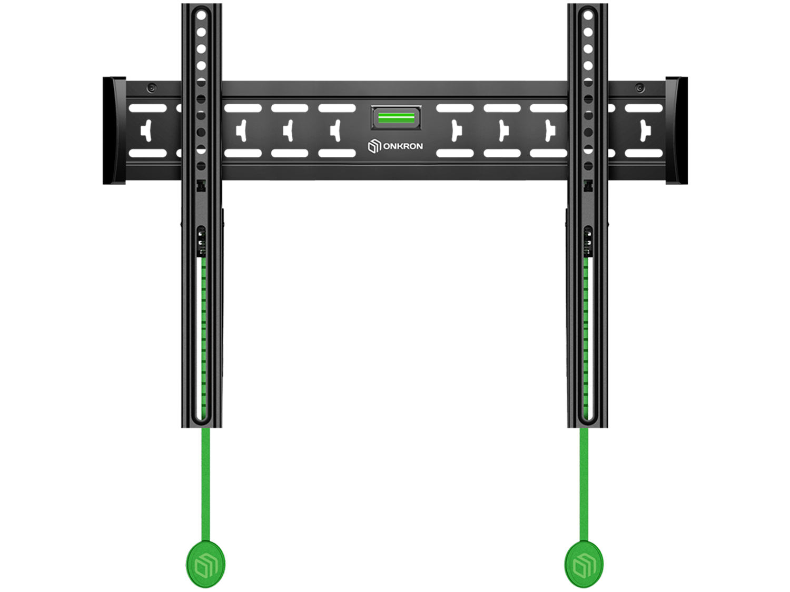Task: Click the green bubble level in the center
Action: (396, 117)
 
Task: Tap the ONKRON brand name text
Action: (403, 146)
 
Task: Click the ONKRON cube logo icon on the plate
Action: (374, 146)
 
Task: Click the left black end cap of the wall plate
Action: (114, 131)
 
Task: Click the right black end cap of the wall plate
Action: (677, 131)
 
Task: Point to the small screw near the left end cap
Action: (152, 88)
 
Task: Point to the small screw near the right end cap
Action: (639, 88)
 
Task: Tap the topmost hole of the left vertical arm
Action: (201, 16)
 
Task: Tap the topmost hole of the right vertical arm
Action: (588, 16)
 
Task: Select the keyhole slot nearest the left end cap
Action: (147, 131)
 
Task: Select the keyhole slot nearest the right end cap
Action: (645, 131)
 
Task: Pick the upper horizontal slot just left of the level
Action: (337, 108)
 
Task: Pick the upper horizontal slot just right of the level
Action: (455, 108)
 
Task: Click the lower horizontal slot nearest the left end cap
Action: (147, 153)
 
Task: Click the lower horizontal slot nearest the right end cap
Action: (644, 153)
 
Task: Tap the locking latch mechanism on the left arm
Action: (202, 243)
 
